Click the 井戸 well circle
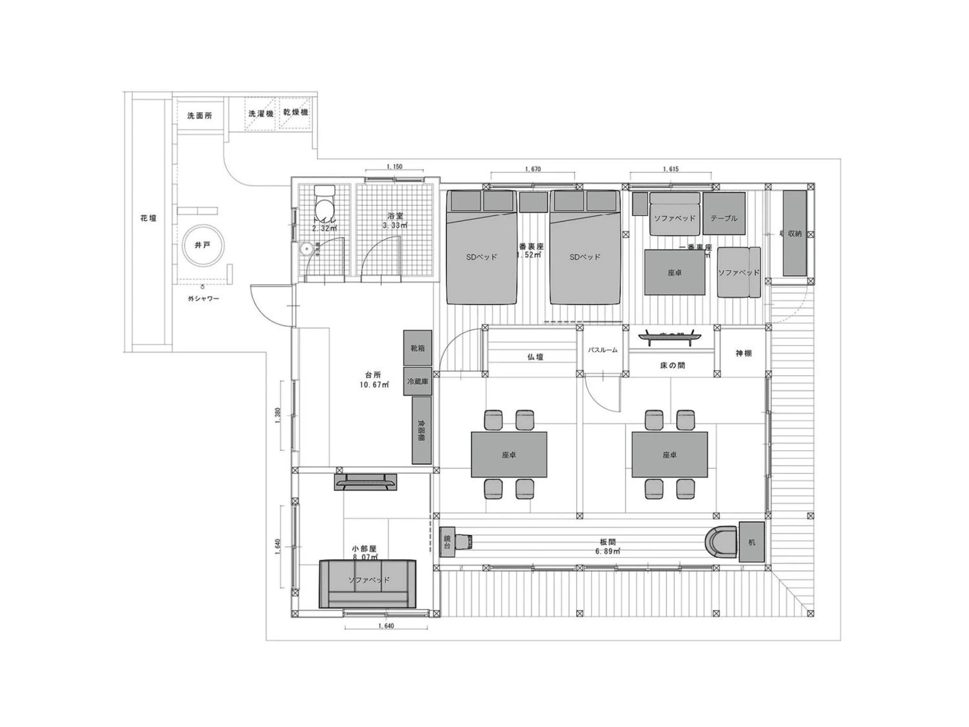click(x=203, y=245)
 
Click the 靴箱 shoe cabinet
click(x=418, y=348)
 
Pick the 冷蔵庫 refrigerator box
click(x=418, y=382)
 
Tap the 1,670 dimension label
click(x=533, y=169)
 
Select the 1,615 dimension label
click(x=671, y=169)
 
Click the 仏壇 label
click(x=535, y=357)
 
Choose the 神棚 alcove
click(x=743, y=353)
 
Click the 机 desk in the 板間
click(x=752, y=542)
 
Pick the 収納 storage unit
click(x=795, y=233)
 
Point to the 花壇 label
click(x=148, y=218)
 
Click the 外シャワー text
click(x=203, y=299)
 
